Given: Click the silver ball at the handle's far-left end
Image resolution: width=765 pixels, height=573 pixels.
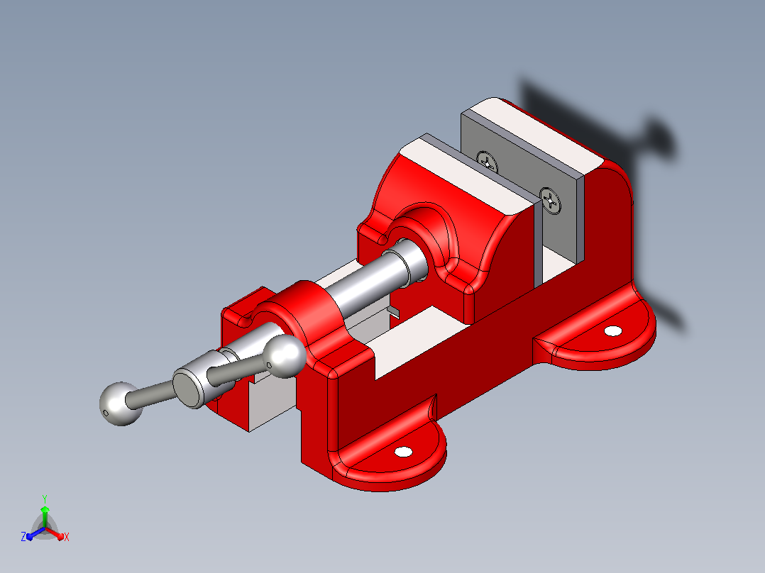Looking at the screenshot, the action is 120,404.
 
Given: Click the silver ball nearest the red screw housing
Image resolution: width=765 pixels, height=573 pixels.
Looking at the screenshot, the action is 285,357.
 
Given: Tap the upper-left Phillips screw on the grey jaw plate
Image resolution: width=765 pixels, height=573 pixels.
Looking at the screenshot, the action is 488,162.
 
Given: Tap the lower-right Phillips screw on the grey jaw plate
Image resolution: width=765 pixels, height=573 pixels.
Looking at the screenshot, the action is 551,201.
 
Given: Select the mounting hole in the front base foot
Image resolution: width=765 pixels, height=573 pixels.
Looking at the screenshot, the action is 403,452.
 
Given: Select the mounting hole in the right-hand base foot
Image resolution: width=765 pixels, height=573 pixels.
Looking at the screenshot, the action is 613,331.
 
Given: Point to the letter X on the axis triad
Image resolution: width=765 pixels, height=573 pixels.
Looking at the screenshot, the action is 67,537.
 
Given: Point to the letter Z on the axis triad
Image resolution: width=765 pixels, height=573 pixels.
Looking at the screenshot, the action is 23,537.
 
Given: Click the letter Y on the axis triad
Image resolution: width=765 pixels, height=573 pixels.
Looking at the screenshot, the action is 45,499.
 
